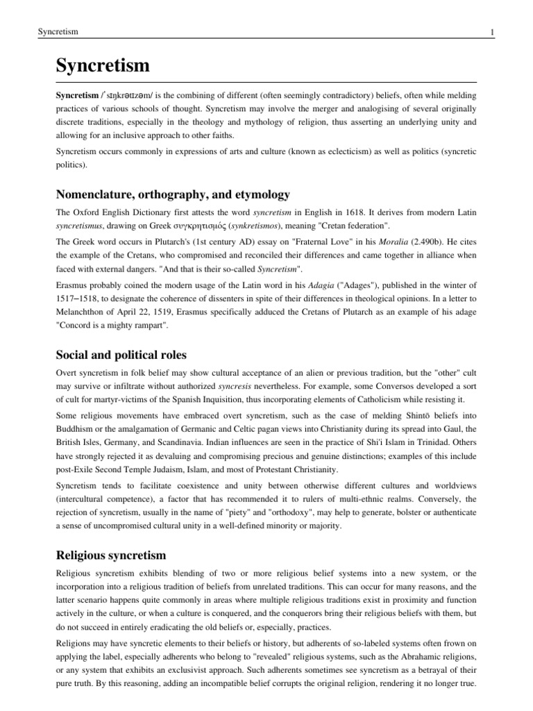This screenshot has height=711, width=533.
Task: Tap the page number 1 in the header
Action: pyautogui.click(x=471, y=32)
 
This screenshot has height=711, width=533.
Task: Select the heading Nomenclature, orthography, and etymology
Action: pyautogui.click(x=172, y=194)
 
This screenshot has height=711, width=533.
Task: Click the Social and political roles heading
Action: pyautogui.click(x=125, y=355)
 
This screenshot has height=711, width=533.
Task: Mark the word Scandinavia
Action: pyautogui.click(x=204, y=448)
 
